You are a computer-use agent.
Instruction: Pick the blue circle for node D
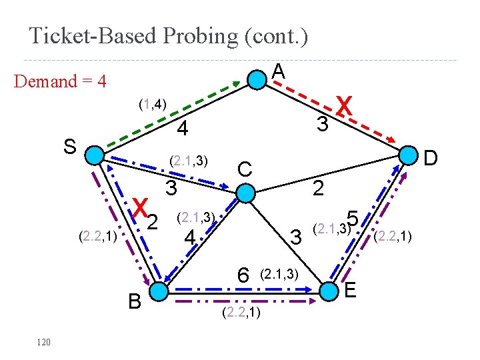pyautogui.click(x=407, y=156)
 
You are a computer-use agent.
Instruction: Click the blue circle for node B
pyautogui.click(x=159, y=291)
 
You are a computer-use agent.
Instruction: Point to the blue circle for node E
pyautogui.click(x=329, y=291)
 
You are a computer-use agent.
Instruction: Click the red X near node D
pyautogui.click(x=344, y=105)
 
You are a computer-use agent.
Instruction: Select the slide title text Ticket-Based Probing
pyautogui.click(x=168, y=35)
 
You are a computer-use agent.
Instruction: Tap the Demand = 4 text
pyautogui.click(x=60, y=82)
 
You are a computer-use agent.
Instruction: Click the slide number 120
pyautogui.click(x=44, y=342)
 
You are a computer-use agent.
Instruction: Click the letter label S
pyautogui.click(x=69, y=146)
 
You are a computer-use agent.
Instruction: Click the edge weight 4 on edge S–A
pyautogui.click(x=183, y=127)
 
